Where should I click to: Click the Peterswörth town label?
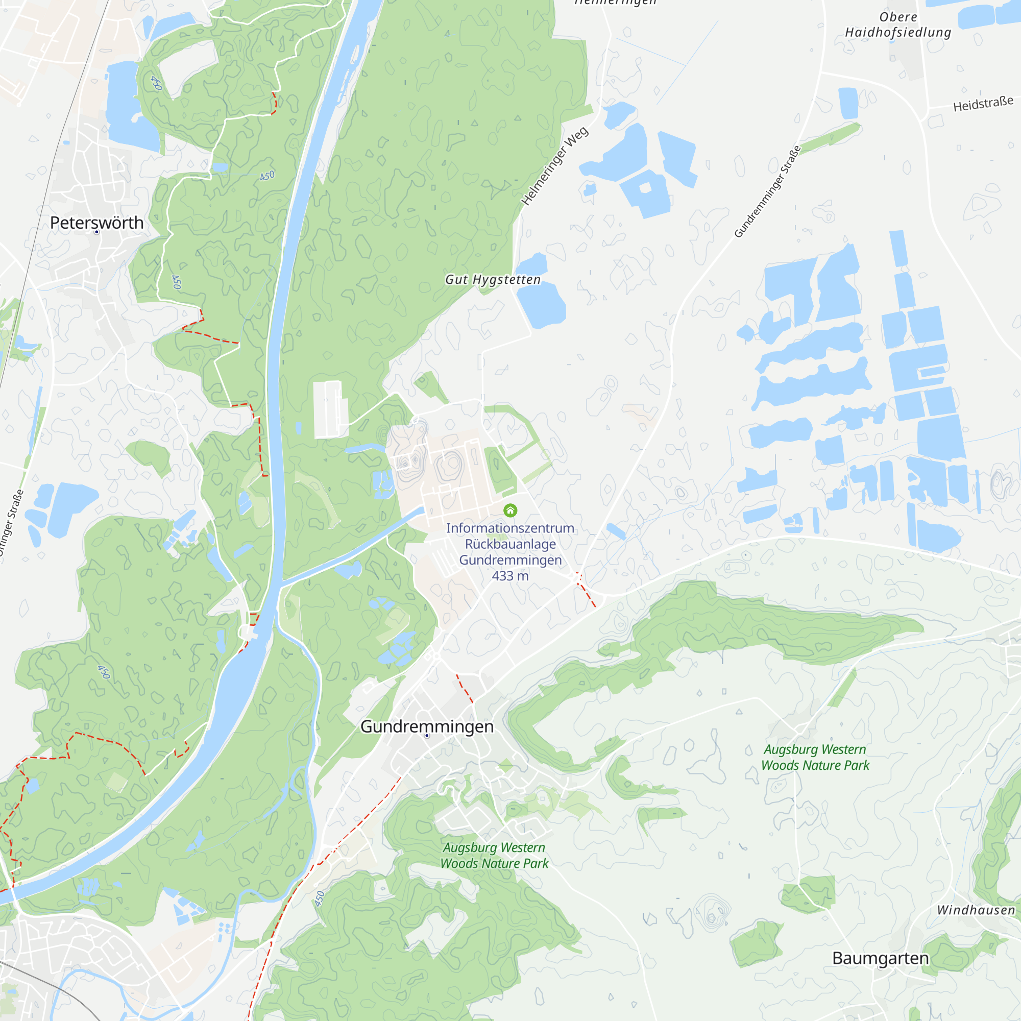pyautogui.click(x=96, y=223)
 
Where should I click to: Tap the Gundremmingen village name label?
pyautogui.click(x=427, y=726)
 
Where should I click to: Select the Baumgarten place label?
pyautogui.click(x=880, y=958)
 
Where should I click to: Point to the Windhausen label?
pyautogui.click(x=976, y=910)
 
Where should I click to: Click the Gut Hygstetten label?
pyautogui.click(x=493, y=279)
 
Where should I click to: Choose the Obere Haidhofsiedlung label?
pyautogui.click(x=898, y=25)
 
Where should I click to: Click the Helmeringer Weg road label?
pyautogui.click(x=554, y=166)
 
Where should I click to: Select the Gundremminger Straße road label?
pyautogui.click(x=767, y=191)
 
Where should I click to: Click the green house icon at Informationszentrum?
pyautogui.click(x=510, y=510)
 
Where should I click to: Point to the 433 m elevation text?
pyautogui.click(x=510, y=575)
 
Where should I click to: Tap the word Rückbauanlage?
pyautogui.click(x=510, y=544)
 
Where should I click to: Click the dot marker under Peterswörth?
pyautogui.click(x=96, y=232)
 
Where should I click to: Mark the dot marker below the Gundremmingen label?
pyautogui.click(x=427, y=736)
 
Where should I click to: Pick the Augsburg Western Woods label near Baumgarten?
pyautogui.click(x=815, y=757)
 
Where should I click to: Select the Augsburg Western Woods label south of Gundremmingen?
pyautogui.click(x=494, y=855)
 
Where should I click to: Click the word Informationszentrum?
pyautogui.click(x=510, y=528)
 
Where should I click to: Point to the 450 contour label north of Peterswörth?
pyautogui.click(x=156, y=83)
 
